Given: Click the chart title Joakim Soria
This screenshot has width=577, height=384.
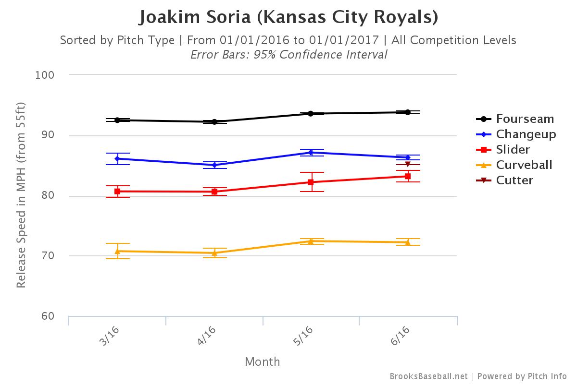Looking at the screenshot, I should (288, 17).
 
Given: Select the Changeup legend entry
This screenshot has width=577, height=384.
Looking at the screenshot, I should (526, 134).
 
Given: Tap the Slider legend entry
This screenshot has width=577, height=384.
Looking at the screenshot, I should (513, 149).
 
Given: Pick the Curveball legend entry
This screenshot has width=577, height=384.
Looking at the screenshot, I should (524, 165).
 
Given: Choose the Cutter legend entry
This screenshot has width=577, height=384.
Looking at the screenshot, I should (514, 180).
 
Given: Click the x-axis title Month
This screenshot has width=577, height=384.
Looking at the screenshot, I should (263, 361).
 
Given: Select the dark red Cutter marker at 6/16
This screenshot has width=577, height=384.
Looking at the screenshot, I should (407, 165).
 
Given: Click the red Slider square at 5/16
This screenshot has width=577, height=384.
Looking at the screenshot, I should (311, 182).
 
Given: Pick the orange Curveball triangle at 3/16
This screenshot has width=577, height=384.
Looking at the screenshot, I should (117, 251).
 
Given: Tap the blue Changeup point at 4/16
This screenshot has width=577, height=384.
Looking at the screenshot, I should (214, 165).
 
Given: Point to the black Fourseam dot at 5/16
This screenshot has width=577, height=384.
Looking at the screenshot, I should (311, 114).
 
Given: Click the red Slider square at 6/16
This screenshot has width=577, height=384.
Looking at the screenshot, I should (407, 176).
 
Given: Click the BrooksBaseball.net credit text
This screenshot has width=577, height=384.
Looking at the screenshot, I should (428, 376).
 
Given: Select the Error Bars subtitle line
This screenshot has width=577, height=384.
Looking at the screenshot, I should (288, 54).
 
